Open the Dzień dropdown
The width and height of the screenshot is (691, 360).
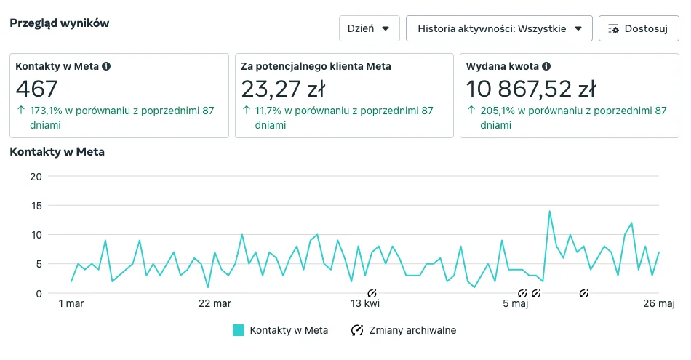(x=369, y=28)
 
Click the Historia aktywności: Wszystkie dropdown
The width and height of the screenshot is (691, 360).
(x=499, y=28)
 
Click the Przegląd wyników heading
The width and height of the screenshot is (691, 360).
(x=59, y=23)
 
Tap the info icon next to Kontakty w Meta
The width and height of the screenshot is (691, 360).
(x=106, y=66)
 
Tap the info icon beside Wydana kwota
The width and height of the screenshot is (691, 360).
(x=546, y=66)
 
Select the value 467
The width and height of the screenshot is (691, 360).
(x=36, y=89)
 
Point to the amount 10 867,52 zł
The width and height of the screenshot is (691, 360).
(x=531, y=89)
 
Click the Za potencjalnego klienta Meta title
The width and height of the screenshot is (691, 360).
(x=316, y=66)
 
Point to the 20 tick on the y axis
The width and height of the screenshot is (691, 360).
(x=36, y=177)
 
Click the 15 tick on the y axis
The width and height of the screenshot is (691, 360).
(x=36, y=206)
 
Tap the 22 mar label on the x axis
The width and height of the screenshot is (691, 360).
(x=215, y=303)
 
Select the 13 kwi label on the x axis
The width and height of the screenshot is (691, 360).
(x=365, y=303)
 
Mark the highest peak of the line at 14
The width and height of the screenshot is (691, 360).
(x=549, y=212)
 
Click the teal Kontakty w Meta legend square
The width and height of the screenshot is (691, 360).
(x=239, y=330)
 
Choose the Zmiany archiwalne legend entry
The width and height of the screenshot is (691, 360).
(x=404, y=330)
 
